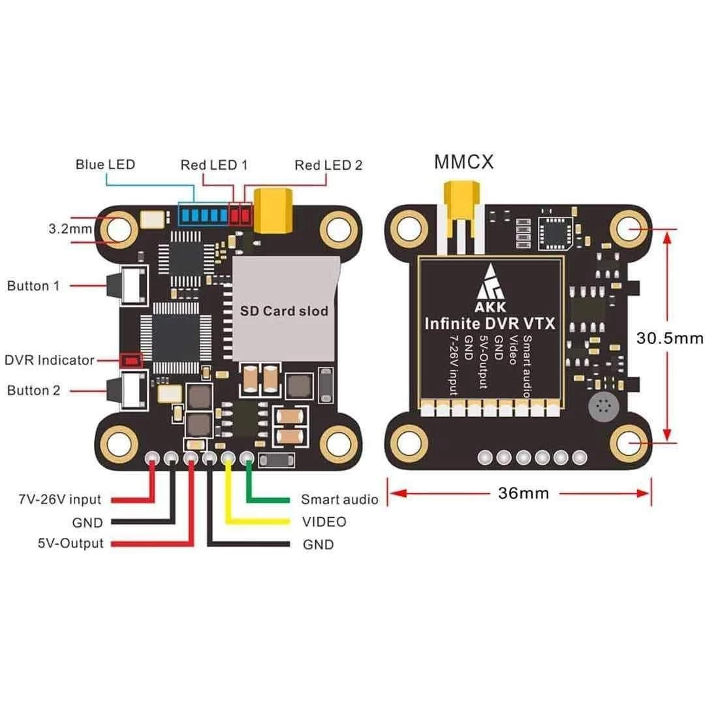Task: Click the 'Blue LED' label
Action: pyautogui.click(x=105, y=164)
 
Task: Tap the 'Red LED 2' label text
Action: pyautogui.click(x=328, y=165)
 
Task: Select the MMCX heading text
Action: pyautogui.click(x=463, y=161)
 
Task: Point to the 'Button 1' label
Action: pyautogui.click(x=37, y=286)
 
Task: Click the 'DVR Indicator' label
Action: pyautogui.click(x=50, y=360)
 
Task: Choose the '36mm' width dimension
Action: pyautogui.click(x=524, y=493)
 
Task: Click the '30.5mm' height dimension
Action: pyautogui.click(x=670, y=338)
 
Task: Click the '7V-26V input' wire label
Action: pyautogui.click(x=59, y=500)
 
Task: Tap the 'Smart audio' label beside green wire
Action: pyautogui.click(x=339, y=500)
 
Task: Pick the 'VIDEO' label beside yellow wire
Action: pyautogui.click(x=324, y=522)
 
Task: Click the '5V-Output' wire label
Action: pyautogui.click(x=70, y=543)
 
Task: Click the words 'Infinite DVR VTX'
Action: pyautogui.click(x=490, y=322)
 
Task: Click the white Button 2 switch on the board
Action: pyautogui.click(x=133, y=390)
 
